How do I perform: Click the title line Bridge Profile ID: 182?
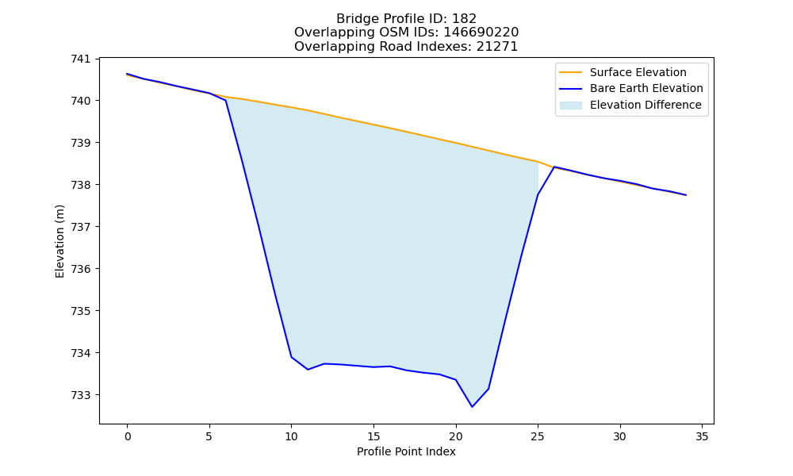[x=406, y=19]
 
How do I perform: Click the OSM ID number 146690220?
[x=481, y=33]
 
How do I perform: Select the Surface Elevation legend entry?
[x=623, y=72]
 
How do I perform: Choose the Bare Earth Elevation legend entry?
[x=631, y=89]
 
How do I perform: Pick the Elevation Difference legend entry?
[x=630, y=106]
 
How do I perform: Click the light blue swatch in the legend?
[x=570, y=106]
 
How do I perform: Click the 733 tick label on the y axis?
[x=80, y=395]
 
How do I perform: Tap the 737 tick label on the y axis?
[x=80, y=227]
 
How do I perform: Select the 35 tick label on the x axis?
[x=702, y=436]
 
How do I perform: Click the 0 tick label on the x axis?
[x=128, y=436]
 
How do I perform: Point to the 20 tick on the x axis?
[x=456, y=425]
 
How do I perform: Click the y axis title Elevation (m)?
[x=60, y=241]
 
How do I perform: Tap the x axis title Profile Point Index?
[x=406, y=451]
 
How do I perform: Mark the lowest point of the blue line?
[x=473, y=407]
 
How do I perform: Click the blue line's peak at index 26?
[x=554, y=167]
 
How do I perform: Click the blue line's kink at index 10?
[x=291, y=357]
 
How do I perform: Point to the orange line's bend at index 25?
[x=538, y=162]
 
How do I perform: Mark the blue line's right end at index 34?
[x=686, y=194]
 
